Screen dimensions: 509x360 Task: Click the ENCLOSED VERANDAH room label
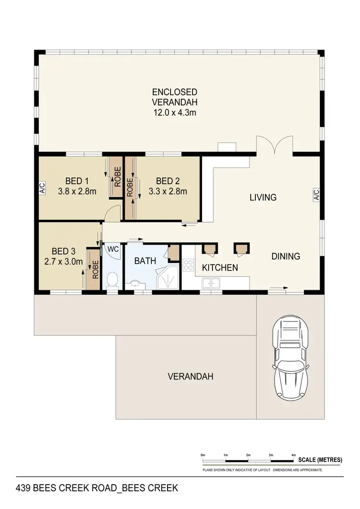(175, 96)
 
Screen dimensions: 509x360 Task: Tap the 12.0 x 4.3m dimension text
(175, 113)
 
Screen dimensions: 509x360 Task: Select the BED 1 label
(77, 181)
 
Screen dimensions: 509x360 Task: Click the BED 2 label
(168, 181)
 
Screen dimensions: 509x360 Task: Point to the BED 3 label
(64, 251)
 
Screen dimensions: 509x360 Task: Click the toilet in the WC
(113, 280)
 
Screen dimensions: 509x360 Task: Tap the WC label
(113, 249)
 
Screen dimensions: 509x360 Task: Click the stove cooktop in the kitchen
(188, 264)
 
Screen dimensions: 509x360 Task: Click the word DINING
(286, 256)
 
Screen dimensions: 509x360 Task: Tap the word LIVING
(263, 197)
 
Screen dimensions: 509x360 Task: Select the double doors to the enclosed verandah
(273, 145)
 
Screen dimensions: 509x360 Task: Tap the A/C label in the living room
(316, 194)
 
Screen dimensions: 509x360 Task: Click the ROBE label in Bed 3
(95, 269)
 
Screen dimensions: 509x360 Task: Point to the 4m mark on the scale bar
(293, 455)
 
